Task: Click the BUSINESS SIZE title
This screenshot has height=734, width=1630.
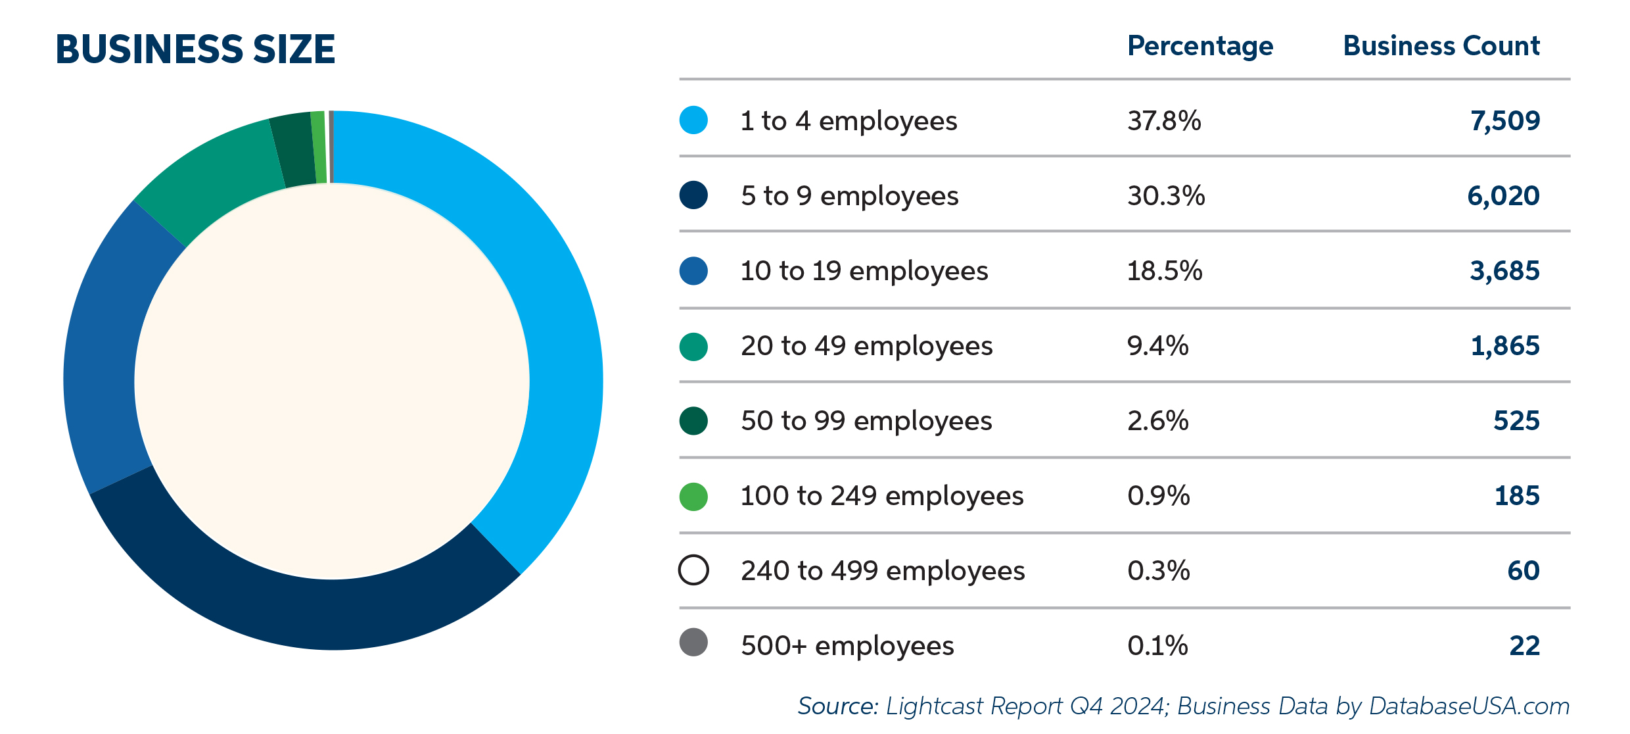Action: pos(195,49)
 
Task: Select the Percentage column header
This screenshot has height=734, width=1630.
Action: pos(1200,46)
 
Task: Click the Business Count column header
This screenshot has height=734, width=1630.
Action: pos(1441,46)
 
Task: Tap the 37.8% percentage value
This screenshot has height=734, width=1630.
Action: pos(1164,121)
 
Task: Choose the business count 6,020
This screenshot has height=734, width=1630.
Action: pos(1503,196)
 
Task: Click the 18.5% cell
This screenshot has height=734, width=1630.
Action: pos(1165,271)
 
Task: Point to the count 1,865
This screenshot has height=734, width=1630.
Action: pos(1504,346)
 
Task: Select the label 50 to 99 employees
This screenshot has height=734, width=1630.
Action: pos(866,421)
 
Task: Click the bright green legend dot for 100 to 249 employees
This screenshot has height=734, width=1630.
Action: pos(693,497)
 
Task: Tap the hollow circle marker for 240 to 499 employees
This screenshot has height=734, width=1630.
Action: pos(693,570)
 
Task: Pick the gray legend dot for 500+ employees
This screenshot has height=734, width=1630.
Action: pos(693,643)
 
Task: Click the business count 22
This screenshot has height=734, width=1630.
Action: pos(1524,646)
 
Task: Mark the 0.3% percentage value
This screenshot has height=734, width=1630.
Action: pos(1159,571)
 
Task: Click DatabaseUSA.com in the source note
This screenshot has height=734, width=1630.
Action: pos(1469,706)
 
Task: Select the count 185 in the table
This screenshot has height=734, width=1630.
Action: pos(1517,496)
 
